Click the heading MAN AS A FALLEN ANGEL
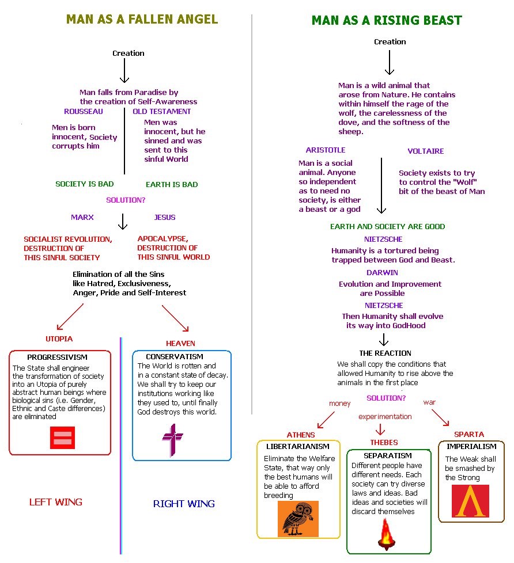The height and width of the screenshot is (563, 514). coord(142,19)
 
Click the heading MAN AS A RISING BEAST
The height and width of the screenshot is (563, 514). coord(387,21)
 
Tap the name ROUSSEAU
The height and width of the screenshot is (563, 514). coord(84,111)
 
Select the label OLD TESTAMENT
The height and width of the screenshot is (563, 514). coord(162,111)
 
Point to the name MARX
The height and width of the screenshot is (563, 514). coord(82,217)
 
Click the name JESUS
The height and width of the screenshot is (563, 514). coord(165,217)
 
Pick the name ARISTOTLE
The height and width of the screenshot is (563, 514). coord(326,150)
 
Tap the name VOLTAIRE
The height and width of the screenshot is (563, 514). coord(426,151)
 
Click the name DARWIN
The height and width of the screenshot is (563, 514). coord(382,272)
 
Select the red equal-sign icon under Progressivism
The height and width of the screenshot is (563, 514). coord(62,437)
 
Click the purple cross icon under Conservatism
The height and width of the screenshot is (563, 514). coord(172,440)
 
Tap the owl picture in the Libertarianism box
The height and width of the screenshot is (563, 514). coord(298,518)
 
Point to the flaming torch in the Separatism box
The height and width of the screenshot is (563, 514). coord(385,534)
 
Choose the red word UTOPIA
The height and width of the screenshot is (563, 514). coord(59,338)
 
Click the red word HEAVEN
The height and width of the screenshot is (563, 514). coord(180,343)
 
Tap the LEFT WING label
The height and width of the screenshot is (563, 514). coord(56,502)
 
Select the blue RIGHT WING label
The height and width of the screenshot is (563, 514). coord(184,504)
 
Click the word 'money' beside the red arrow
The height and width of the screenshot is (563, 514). coord(339,404)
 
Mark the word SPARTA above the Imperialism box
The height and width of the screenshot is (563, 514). coord(468,434)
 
